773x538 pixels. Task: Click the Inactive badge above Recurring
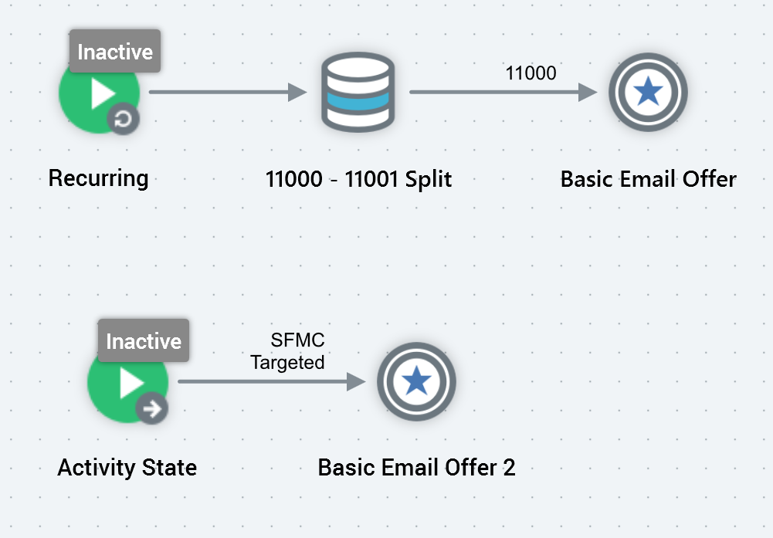click(x=115, y=52)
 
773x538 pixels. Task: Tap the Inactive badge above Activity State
click(x=144, y=341)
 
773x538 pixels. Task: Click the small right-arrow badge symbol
click(x=153, y=408)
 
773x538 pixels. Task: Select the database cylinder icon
click(x=358, y=93)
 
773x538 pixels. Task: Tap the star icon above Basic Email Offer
click(x=647, y=93)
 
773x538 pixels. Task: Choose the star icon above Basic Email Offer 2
click(x=416, y=381)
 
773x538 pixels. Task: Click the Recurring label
click(x=98, y=178)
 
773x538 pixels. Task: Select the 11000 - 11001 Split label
click(x=358, y=179)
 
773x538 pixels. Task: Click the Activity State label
click(x=127, y=467)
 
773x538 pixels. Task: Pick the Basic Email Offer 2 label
click(x=416, y=467)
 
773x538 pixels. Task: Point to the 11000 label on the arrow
click(x=531, y=73)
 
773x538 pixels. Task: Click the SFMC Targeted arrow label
click(x=287, y=351)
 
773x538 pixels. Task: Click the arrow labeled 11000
click(x=502, y=93)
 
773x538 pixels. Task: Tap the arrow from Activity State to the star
click(x=270, y=381)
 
